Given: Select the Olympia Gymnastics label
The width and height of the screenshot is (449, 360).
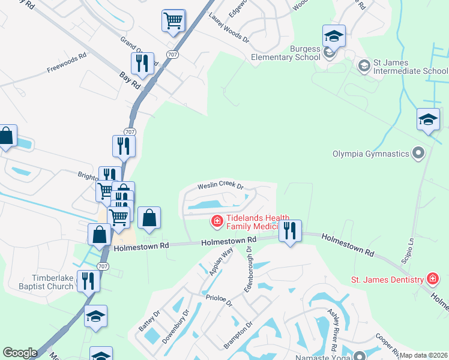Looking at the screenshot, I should click(x=370, y=154).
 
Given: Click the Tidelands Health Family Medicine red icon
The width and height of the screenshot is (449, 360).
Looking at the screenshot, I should click(x=216, y=222).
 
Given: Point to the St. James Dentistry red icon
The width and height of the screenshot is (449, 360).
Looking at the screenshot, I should click(x=432, y=279).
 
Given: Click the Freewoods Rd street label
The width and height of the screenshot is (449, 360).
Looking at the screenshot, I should click(x=67, y=63).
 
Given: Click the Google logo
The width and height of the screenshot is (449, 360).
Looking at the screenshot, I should click(x=20, y=353).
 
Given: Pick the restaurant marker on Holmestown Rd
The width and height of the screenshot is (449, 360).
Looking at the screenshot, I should click(x=291, y=231).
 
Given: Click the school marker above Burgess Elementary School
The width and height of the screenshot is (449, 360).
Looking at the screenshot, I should click(x=334, y=36).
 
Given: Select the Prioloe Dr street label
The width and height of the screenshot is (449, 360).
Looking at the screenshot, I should click(x=218, y=299).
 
